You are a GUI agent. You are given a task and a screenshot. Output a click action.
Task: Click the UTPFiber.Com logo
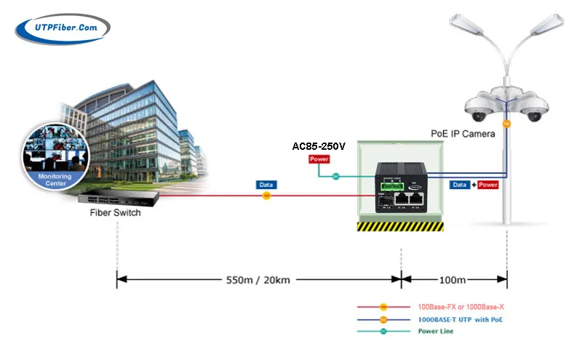coord(62,28)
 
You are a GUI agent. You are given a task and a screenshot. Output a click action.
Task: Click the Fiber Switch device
coord(117,196)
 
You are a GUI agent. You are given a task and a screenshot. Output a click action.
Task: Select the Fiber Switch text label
coord(115,213)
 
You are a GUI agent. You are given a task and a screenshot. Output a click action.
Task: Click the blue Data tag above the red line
coord(266,185)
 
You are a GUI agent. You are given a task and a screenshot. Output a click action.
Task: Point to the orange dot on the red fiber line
coord(266,196)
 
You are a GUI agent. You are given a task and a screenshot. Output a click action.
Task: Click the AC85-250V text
coord(319,146)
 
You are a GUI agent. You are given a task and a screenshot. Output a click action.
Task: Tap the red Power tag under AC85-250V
coord(319,159)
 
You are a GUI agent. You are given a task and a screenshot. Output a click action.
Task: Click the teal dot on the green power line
coord(336,176)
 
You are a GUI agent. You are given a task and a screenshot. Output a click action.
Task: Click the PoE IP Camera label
coord(463,134)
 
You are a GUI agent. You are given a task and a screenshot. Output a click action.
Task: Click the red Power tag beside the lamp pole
coord(488,185)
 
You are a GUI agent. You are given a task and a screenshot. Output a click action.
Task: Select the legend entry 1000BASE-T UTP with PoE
coord(461,319)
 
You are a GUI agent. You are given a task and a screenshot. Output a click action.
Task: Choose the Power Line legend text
coord(436,331)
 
